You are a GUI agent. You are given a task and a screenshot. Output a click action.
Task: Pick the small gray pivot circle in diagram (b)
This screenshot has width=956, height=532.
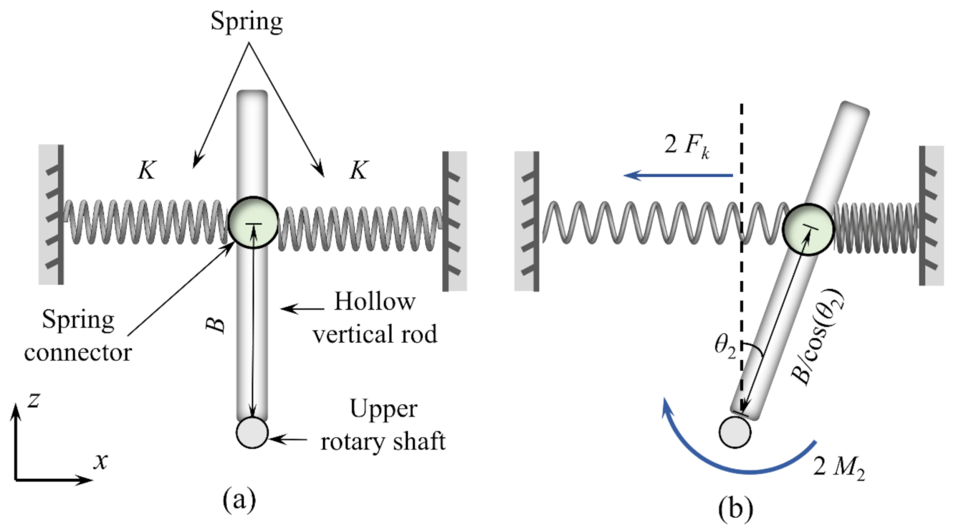click(x=735, y=433)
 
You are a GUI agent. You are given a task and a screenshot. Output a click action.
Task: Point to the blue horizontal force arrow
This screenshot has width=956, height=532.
click(x=677, y=174)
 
